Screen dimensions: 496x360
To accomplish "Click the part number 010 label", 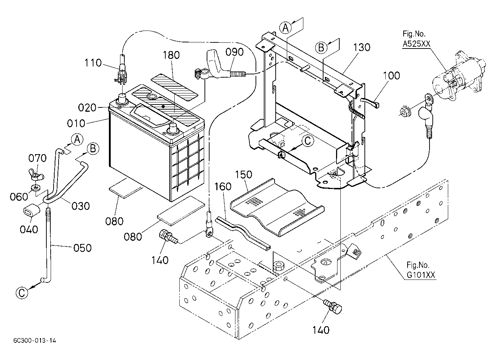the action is coord(76,123).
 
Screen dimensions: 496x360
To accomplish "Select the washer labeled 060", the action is coord(36,188).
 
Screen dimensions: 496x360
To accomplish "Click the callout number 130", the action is coord(362,47).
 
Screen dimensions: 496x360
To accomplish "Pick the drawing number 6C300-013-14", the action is coord(35,341).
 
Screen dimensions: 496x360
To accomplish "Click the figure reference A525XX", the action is coord(416,44).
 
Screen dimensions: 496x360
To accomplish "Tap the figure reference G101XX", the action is coord(421,275).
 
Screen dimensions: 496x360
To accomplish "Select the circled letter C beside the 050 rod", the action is coord(22,294).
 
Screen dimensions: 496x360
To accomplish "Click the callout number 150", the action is coord(244,175).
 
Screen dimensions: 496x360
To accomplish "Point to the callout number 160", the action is coord(223,186).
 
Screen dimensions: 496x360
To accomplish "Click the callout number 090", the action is coord(234,52).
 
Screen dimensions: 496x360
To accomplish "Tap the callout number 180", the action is coord(171,55).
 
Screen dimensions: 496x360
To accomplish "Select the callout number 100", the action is coord(391,75).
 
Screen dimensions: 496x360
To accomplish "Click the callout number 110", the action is coord(93,63).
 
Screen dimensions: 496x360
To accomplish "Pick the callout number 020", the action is coord(87,108).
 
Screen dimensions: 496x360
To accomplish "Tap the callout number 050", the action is coord(82,248).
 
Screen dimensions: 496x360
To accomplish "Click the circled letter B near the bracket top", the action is coord(321,47).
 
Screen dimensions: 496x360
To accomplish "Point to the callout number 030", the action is coord(81,206).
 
